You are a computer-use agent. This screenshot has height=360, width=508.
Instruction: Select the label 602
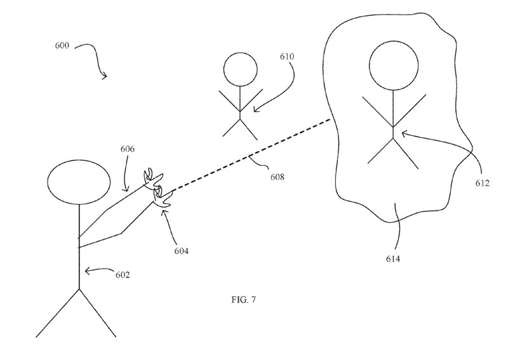point(122,275)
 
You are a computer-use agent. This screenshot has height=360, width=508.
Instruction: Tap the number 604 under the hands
point(181,251)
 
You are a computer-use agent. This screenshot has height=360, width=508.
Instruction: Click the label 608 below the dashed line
point(275,177)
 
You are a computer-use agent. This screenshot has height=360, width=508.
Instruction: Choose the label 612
point(481,183)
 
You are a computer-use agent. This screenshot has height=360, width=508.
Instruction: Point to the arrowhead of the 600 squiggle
point(105,76)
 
